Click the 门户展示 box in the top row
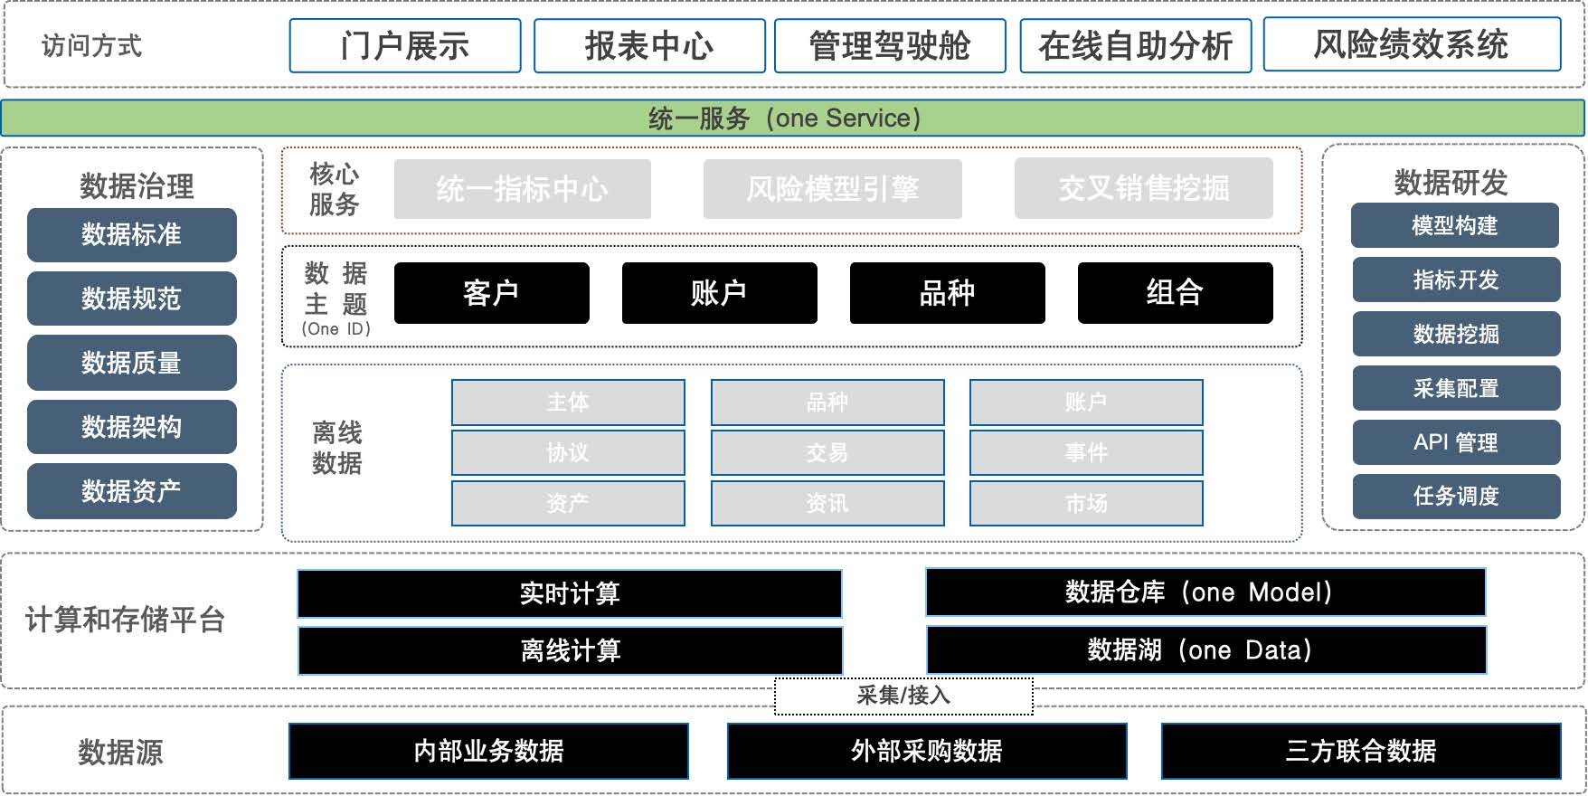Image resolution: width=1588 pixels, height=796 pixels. (x=405, y=46)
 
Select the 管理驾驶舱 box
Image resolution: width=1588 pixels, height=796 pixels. (x=890, y=46)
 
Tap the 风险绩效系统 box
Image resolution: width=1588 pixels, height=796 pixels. (x=1411, y=45)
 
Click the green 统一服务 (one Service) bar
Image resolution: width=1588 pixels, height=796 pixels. (x=792, y=118)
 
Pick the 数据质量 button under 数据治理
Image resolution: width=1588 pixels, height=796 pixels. (x=132, y=363)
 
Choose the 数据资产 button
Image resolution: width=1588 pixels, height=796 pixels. (x=132, y=491)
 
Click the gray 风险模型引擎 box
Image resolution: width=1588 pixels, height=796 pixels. (x=832, y=189)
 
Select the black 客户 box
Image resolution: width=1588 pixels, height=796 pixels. (x=491, y=293)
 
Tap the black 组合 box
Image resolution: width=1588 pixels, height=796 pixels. (x=1175, y=293)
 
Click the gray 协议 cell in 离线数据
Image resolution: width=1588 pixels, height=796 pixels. (x=568, y=452)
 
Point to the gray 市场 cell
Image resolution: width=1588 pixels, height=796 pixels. (x=1086, y=503)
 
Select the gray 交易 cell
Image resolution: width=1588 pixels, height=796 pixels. (x=827, y=452)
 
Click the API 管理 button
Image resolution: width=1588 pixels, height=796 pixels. (x=1456, y=442)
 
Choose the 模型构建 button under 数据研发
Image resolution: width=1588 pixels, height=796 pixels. (x=1454, y=225)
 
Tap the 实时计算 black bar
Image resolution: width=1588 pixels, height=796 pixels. (x=570, y=593)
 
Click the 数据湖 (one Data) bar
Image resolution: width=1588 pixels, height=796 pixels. (x=1205, y=649)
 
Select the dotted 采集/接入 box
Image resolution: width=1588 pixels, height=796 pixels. (x=903, y=696)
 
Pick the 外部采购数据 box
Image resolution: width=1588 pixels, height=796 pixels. (x=927, y=751)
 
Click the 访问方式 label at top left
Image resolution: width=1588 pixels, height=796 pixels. (x=92, y=46)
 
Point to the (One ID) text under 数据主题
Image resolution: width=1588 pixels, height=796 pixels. (x=336, y=329)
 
